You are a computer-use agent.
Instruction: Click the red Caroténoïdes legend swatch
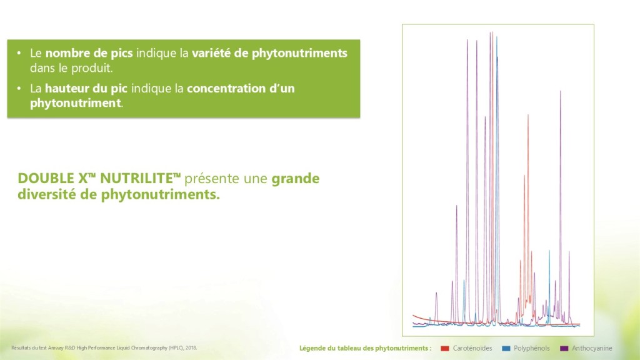pos(445,348)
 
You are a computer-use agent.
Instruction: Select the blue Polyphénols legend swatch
pos(506,348)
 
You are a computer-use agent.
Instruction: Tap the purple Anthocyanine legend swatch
pos(564,348)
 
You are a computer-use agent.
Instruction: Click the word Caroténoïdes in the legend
pos(472,348)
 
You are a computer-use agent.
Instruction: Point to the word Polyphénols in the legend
pos(531,348)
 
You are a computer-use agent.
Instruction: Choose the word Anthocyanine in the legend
pos(592,348)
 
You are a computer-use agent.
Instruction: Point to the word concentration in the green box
pos(226,88)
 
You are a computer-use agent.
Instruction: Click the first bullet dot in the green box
pos(19,53)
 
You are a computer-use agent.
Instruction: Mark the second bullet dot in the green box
pos(19,88)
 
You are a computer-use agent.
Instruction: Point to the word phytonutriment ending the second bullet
pos(76,103)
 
